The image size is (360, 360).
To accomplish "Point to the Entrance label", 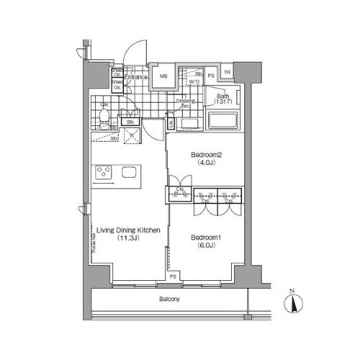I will (x=136, y=77).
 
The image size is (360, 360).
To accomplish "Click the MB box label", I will (x=163, y=77).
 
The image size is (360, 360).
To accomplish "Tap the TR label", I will (x=228, y=72).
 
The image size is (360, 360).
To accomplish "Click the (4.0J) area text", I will (x=207, y=163).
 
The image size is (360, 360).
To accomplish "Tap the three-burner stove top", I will (x=103, y=172).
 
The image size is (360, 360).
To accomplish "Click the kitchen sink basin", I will (x=130, y=172).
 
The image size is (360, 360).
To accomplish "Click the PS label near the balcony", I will (x=173, y=276).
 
